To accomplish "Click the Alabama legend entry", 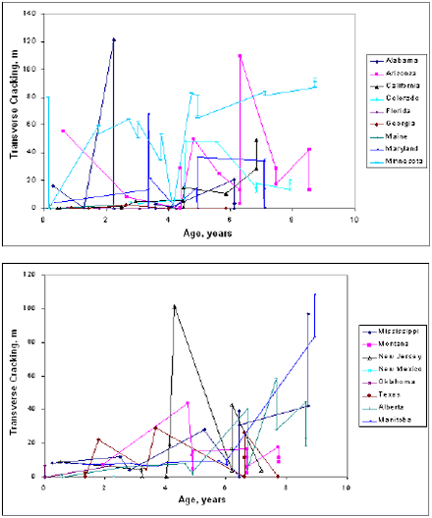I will (396, 60).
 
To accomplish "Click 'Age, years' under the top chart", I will (207, 233).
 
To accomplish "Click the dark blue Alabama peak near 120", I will (114, 39).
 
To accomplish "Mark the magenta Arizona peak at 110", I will (240, 55).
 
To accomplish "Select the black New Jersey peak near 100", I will (174, 306).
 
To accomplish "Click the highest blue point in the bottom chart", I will (315, 293).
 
